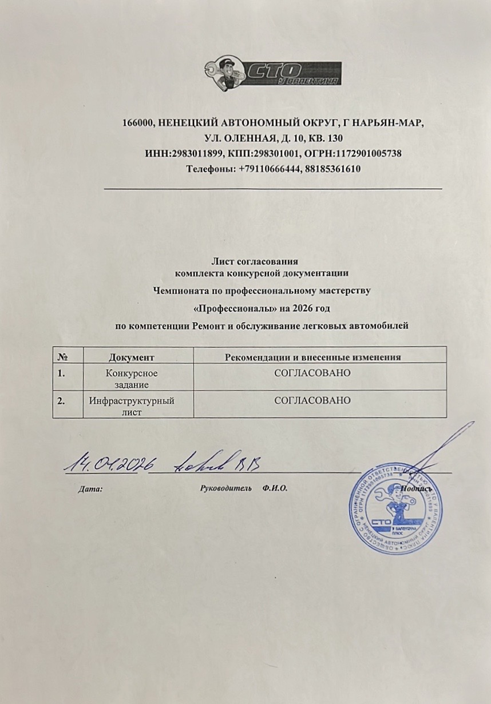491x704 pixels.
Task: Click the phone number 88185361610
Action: pos(334,169)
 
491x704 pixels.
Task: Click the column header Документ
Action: pos(132,357)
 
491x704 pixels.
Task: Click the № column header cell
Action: pos(64,357)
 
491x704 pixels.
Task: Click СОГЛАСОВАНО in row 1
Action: pos(312,373)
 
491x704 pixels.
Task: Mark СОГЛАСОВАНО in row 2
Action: pos(312,400)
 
